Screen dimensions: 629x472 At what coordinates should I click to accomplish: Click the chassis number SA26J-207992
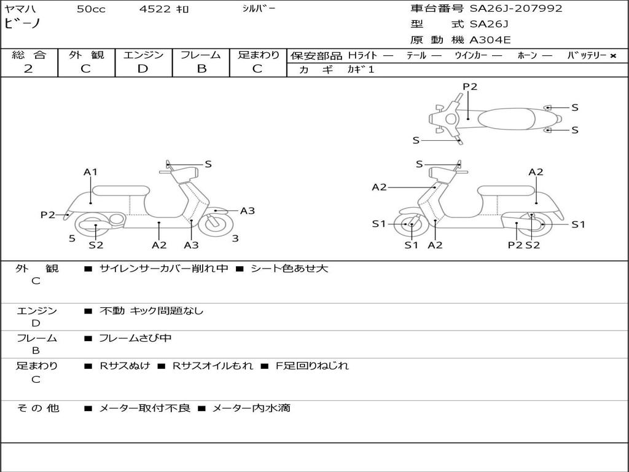(x=516, y=9)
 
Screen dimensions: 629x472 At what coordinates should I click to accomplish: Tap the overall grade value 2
(x=28, y=69)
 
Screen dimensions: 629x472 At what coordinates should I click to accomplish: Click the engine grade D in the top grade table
(x=143, y=69)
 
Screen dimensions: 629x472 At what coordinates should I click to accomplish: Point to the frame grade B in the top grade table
(x=201, y=69)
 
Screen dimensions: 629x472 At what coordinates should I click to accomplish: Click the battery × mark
(x=613, y=56)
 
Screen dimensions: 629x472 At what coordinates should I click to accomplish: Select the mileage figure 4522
(x=155, y=9)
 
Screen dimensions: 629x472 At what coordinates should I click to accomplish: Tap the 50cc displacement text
(x=91, y=9)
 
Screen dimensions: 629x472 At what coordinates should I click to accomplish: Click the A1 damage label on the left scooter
(x=90, y=172)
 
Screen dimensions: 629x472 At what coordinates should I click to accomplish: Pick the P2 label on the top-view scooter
(x=470, y=87)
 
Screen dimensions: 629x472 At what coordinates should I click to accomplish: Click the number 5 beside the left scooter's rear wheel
(x=72, y=239)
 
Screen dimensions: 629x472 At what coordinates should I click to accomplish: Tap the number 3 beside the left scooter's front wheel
(x=235, y=239)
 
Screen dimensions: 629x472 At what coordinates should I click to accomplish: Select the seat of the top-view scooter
(x=506, y=119)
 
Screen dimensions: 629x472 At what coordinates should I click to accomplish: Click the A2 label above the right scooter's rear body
(x=536, y=172)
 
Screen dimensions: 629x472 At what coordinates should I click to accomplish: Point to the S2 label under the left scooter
(x=96, y=245)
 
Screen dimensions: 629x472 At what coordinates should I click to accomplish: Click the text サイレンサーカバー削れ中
(x=163, y=269)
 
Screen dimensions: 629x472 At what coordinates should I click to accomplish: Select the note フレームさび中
(x=135, y=339)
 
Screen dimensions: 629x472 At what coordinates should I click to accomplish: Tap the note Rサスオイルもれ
(x=213, y=366)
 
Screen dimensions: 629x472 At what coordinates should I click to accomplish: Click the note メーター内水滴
(x=251, y=408)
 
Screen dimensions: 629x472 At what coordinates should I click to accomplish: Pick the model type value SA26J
(x=488, y=24)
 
